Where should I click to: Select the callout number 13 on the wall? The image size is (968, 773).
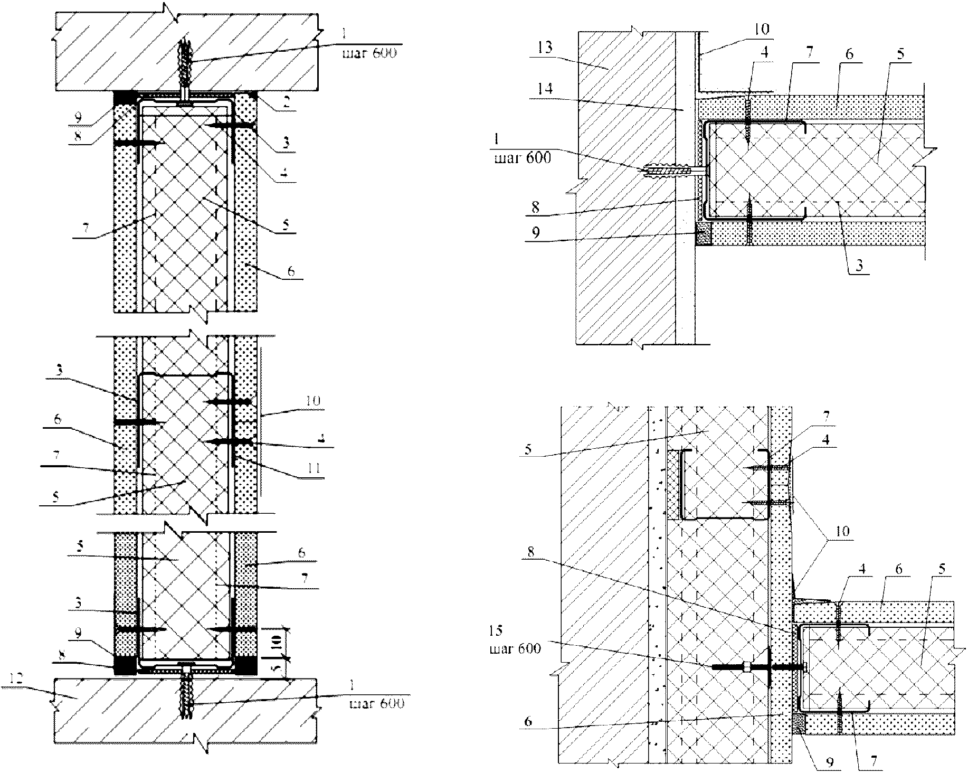(546, 48)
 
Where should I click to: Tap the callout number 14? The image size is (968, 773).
(546, 89)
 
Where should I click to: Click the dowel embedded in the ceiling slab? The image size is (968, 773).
(185, 71)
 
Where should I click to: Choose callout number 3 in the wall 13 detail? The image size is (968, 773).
(859, 266)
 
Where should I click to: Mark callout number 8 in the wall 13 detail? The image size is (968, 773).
(535, 207)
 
